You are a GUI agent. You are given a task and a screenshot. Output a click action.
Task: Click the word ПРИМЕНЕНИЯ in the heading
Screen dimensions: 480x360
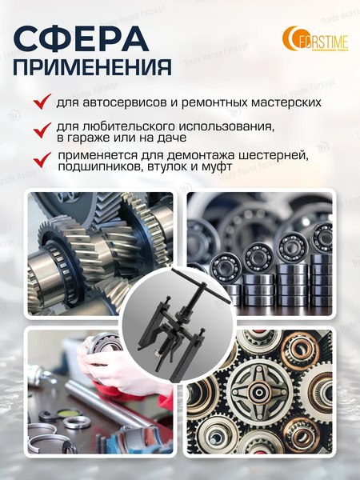pos(92,66)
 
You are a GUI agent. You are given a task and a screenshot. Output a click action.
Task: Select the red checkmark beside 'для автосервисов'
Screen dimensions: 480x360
pos(41,103)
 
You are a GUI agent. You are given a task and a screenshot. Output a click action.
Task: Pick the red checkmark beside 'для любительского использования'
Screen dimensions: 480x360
pos(41,128)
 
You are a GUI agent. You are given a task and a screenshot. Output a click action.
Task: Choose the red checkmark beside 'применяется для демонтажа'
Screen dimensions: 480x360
pos(41,157)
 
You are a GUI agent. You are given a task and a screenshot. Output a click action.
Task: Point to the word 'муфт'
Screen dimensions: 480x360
pos(217,168)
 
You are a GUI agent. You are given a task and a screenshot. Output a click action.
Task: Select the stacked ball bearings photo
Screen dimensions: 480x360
pos(272,248)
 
